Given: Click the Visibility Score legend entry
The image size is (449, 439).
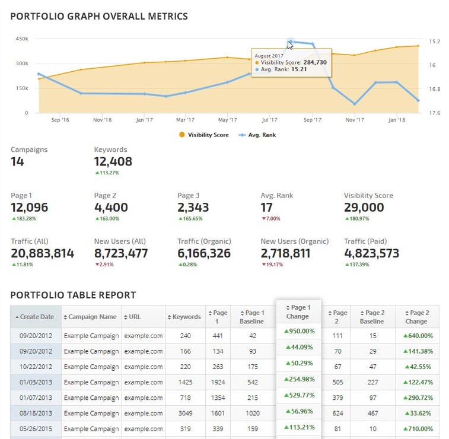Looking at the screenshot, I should coord(205,135).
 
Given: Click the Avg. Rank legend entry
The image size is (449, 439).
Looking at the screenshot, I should coord(261,135).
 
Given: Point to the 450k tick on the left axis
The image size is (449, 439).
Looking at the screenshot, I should coord(21,39).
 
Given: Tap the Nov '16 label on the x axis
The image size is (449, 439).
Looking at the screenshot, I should coord(102,120).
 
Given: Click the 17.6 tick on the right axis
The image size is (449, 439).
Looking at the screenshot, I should coord(435,113).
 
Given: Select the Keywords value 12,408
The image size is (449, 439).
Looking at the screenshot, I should coord(113,161).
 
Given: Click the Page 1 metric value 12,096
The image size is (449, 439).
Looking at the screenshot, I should coord(30,208).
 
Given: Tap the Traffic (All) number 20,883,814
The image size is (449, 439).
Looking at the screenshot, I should coord(43,253).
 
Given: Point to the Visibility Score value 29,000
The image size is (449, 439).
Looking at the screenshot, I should coord(364,208).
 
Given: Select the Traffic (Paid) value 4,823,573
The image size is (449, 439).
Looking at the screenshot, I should coord(371,253).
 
